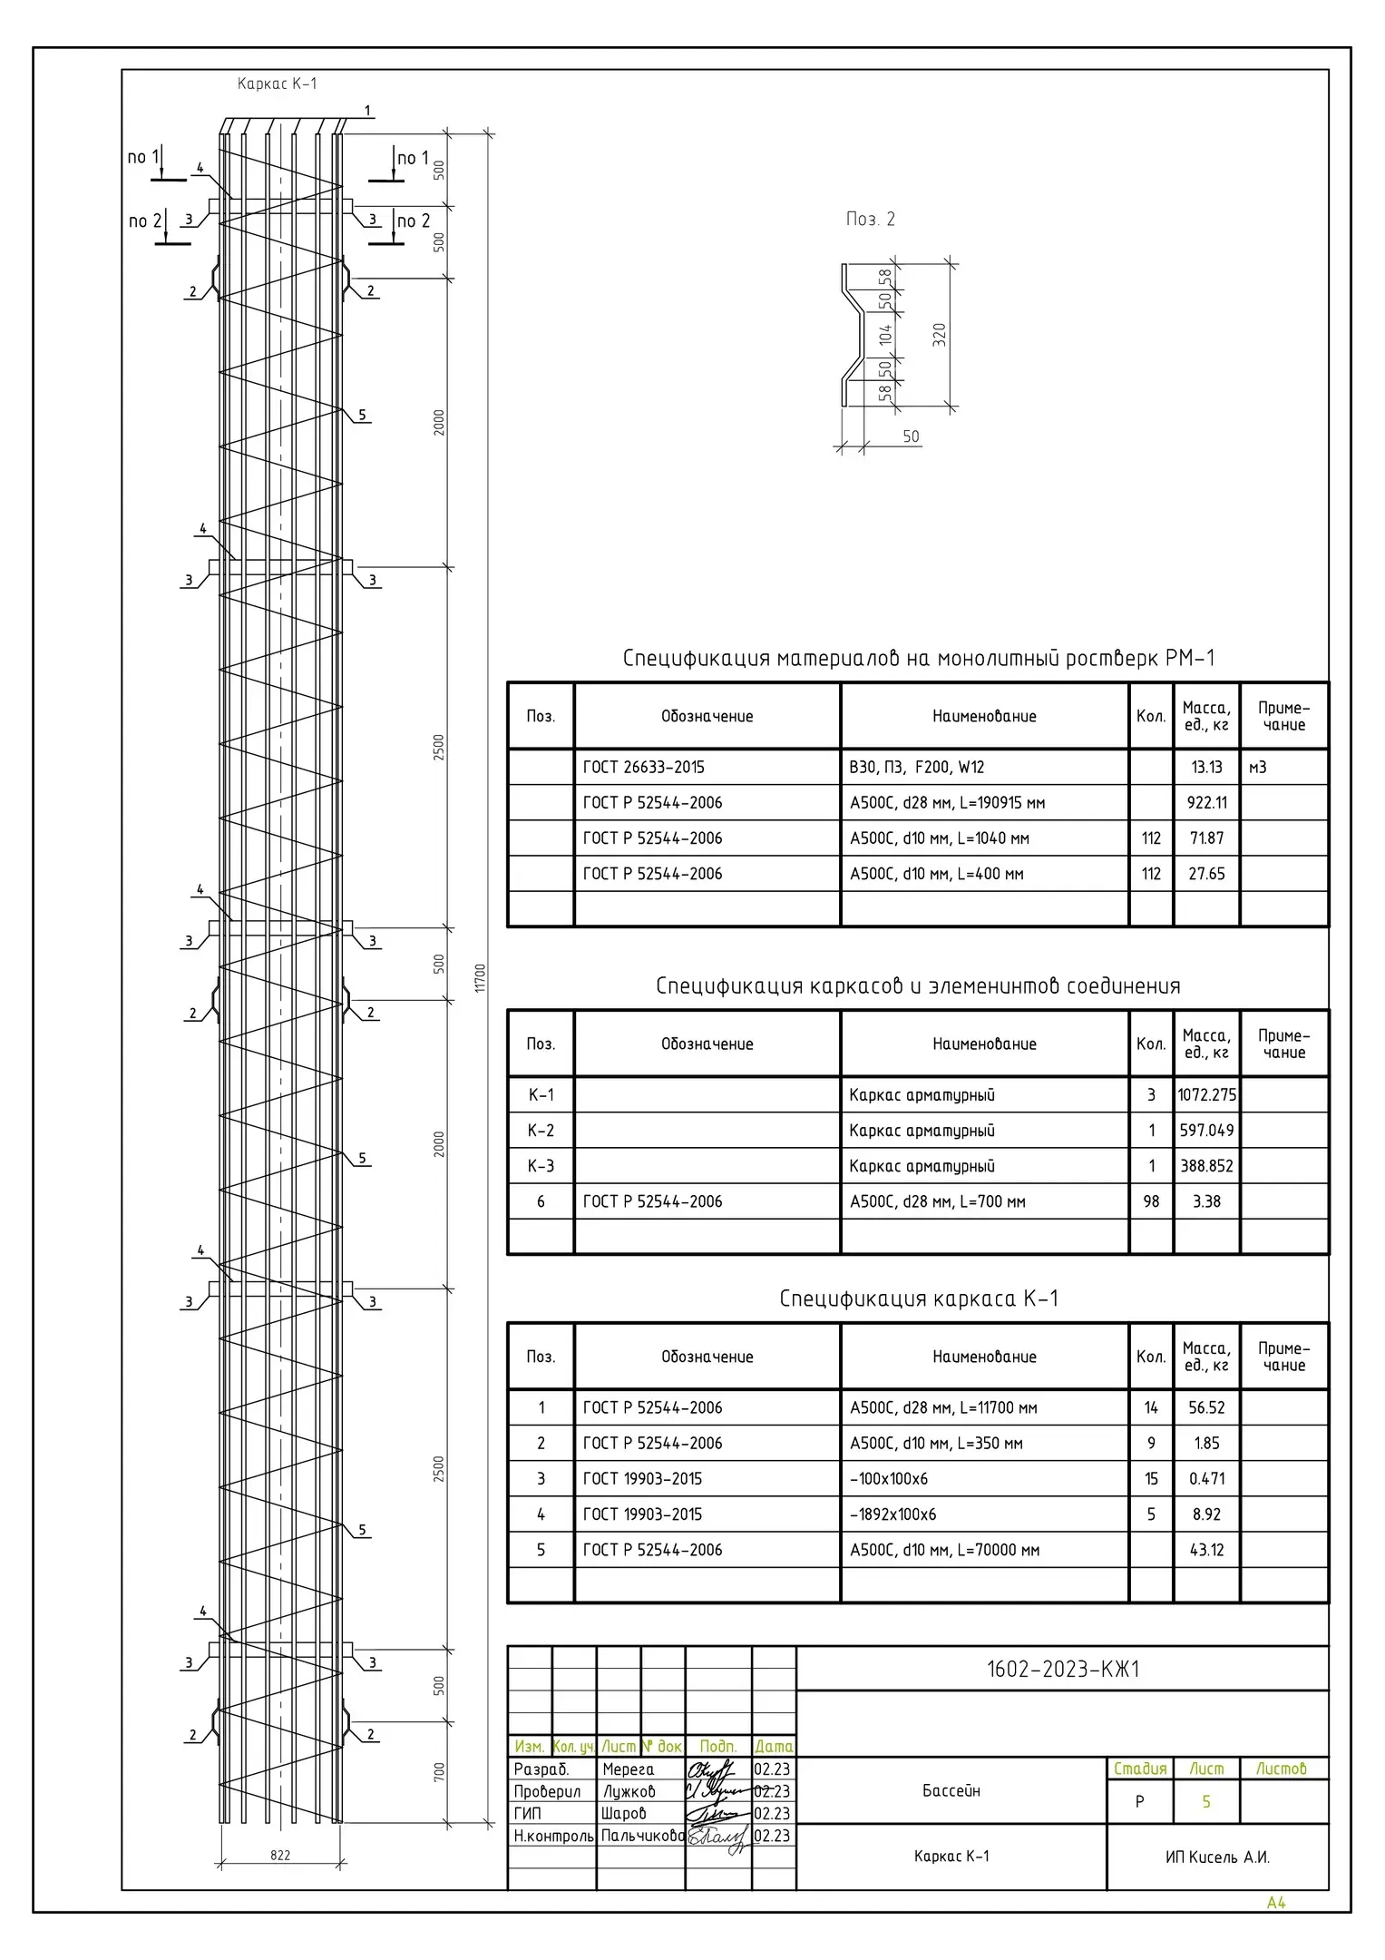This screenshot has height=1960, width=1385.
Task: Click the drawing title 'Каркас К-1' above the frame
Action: [x=277, y=84]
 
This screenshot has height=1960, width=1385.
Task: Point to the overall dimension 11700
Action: [x=481, y=977]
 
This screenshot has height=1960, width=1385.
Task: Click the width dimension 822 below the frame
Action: [x=280, y=1856]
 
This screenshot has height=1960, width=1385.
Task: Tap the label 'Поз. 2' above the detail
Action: [x=870, y=220]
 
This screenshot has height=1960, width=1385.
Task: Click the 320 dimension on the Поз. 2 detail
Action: [x=940, y=335]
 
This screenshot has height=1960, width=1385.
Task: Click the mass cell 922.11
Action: [x=1206, y=803]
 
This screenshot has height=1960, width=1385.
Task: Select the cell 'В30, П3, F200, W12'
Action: [x=916, y=768]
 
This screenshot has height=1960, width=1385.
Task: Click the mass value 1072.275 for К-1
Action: [x=1206, y=1095]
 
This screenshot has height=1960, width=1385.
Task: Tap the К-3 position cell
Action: [x=541, y=1166]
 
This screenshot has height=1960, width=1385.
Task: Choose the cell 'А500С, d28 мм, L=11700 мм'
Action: [x=943, y=1408]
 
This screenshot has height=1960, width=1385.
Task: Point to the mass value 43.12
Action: [x=1206, y=1550]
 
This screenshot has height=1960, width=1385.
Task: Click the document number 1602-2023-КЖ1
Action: [x=1062, y=1670]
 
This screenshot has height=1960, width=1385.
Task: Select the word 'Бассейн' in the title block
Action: [x=951, y=1791]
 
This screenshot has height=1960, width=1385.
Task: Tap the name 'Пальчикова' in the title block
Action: [x=642, y=1836]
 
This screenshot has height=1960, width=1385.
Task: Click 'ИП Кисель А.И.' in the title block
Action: [x=1217, y=1857]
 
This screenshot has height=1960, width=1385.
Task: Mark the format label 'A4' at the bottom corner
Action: [x=1276, y=1903]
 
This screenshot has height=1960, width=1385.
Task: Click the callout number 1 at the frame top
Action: [x=367, y=112]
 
